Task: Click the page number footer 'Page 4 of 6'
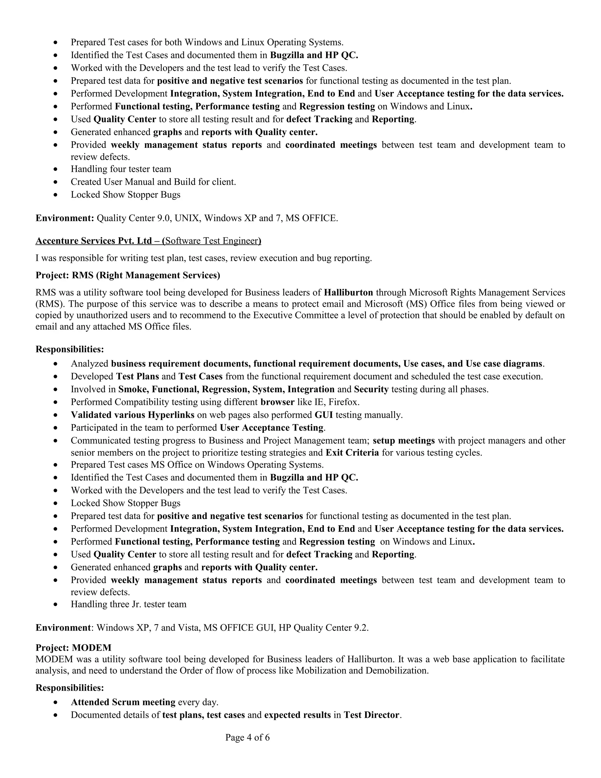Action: click(x=247, y=737)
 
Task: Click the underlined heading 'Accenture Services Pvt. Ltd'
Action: click(x=94, y=241)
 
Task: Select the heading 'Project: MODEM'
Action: click(x=73, y=648)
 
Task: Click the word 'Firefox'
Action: click(x=344, y=402)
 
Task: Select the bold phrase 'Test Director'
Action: click(x=371, y=715)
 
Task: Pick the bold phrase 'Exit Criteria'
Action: click(x=352, y=452)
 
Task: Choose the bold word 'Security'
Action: click(x=371, y=389)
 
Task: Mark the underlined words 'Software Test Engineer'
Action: click(x=212, y=241)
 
